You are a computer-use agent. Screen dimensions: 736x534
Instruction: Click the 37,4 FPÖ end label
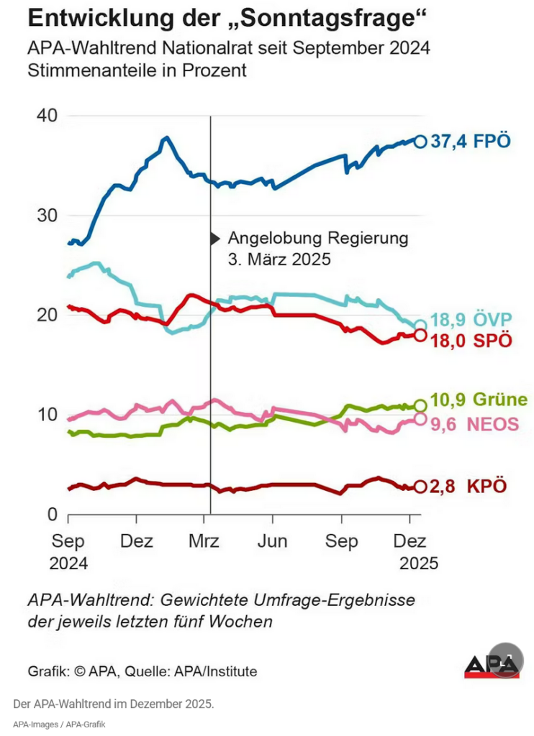tap(471, 142)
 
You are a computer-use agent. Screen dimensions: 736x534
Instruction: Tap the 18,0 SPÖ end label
tap(471, 341)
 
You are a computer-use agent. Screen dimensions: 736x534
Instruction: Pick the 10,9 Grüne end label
tap(479, 400)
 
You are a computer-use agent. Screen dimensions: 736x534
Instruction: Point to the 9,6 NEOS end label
tap(474, 424)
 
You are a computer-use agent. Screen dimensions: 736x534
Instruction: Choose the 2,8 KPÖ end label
tap(469, 487)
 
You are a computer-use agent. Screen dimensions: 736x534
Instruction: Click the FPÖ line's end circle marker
tap(421, 142)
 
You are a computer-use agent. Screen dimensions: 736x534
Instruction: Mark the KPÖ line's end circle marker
tap(421, 487)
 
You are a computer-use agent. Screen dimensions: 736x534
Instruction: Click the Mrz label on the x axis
tap(204, 541)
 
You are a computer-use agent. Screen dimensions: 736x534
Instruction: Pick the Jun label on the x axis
tap(273, 541)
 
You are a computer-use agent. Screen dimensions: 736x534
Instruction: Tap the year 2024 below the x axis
tap(68, 563)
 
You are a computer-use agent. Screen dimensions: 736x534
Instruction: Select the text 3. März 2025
tap(279, 259)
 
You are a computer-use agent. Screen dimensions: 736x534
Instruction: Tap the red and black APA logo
tap(492, 666)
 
